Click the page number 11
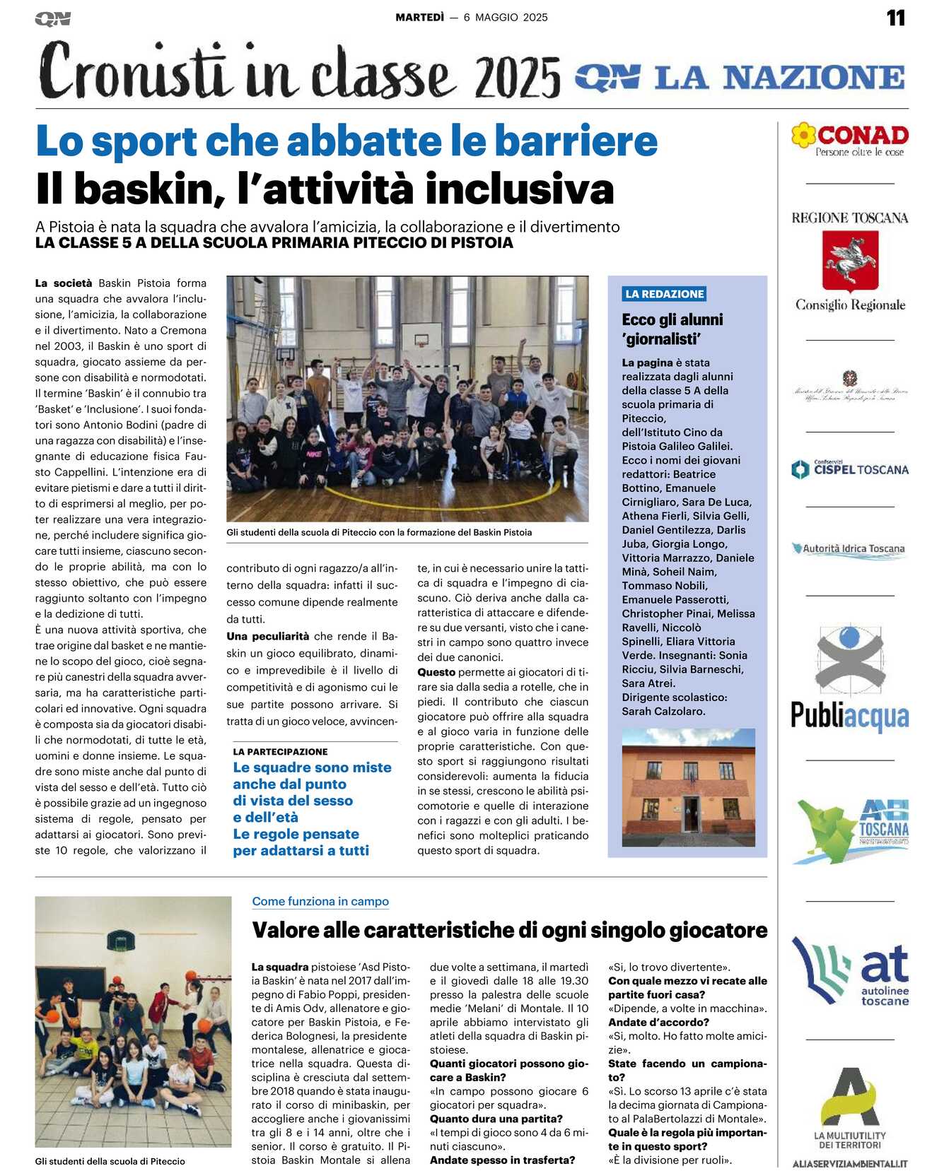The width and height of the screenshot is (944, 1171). pyautogui.click(x=895, y=18)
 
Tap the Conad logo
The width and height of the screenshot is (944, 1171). pyautogui.click(x=850, y=139)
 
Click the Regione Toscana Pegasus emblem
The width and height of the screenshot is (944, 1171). pyautogui.click(x=850, y=260)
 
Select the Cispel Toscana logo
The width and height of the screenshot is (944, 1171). pyautogui.click(x=850, y=469)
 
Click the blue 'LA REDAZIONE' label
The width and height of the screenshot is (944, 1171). pyautogui.click(x=664, y=294)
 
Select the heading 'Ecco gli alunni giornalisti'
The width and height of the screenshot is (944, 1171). pyautogui.click(x=672, y=329)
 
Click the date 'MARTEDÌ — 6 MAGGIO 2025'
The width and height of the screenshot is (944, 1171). pyautogui.click(x=472, y=17)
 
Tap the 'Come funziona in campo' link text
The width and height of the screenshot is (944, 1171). pyautogui.click(x=320, y=901)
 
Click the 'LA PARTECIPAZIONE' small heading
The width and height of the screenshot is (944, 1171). pyautogui.click(x=280, y=751)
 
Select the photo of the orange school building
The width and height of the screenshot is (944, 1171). pyautogui.click(x=688, y=787)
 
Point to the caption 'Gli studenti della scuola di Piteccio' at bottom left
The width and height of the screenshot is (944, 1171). pyautogui.click(x=110, y=1160)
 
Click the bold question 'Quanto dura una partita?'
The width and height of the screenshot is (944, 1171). pyautogui.click(x=496, y=1119)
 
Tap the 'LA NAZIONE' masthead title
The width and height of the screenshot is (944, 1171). pyautogui.click(x=780, y=77)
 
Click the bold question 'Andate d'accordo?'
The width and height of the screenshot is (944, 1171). pyautogui.click(x=658, y=1022)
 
